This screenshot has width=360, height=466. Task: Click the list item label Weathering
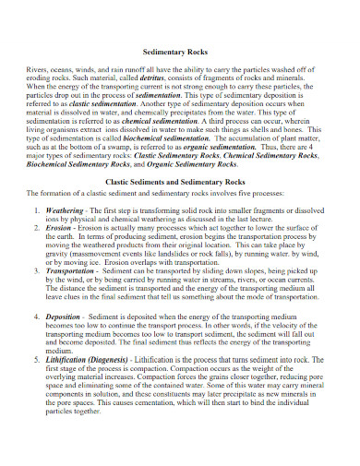(x=66, y=209)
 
